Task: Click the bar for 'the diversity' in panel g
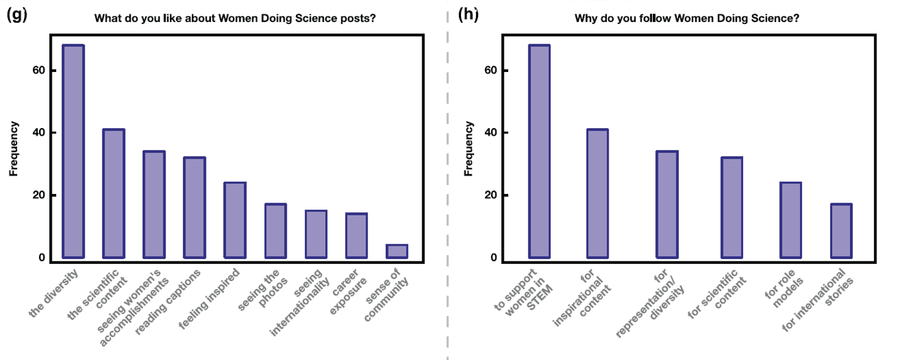(73, 152)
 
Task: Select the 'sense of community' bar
(397, 251)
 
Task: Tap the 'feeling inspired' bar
(235, 220)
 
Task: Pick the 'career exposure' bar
(356, 236)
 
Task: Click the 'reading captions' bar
(194, 207)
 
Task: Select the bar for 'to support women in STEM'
(539, 152)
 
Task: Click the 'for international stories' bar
(841, 231)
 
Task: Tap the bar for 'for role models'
(791, 220)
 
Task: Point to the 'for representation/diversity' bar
(667, 204)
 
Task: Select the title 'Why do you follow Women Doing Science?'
(687, 18)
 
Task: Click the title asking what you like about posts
(236, 18)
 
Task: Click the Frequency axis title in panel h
(469, 148)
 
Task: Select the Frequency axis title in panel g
(13, 148)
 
